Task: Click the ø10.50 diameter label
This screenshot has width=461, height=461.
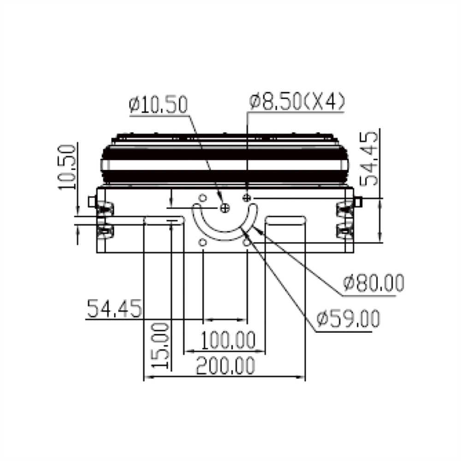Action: click(159, 105)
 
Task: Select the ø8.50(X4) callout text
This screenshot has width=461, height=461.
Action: click(296, 101)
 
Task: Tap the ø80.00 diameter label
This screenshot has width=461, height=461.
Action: click(374, 283)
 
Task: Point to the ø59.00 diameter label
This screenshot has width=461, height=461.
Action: click(349, 319)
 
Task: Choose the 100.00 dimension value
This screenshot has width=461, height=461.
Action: click(228, 341)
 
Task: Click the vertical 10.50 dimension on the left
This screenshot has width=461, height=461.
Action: click(66, 167)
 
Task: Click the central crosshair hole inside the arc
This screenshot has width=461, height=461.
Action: click(225, 208)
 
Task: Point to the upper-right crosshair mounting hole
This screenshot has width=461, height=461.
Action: click(247, 198)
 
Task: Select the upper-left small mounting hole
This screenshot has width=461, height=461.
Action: click(202, 198)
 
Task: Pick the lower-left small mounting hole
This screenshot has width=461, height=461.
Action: click(202, 242)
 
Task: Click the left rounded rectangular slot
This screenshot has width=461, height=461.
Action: click(165, 220)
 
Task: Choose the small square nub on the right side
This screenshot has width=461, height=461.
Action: click(358, 201)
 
